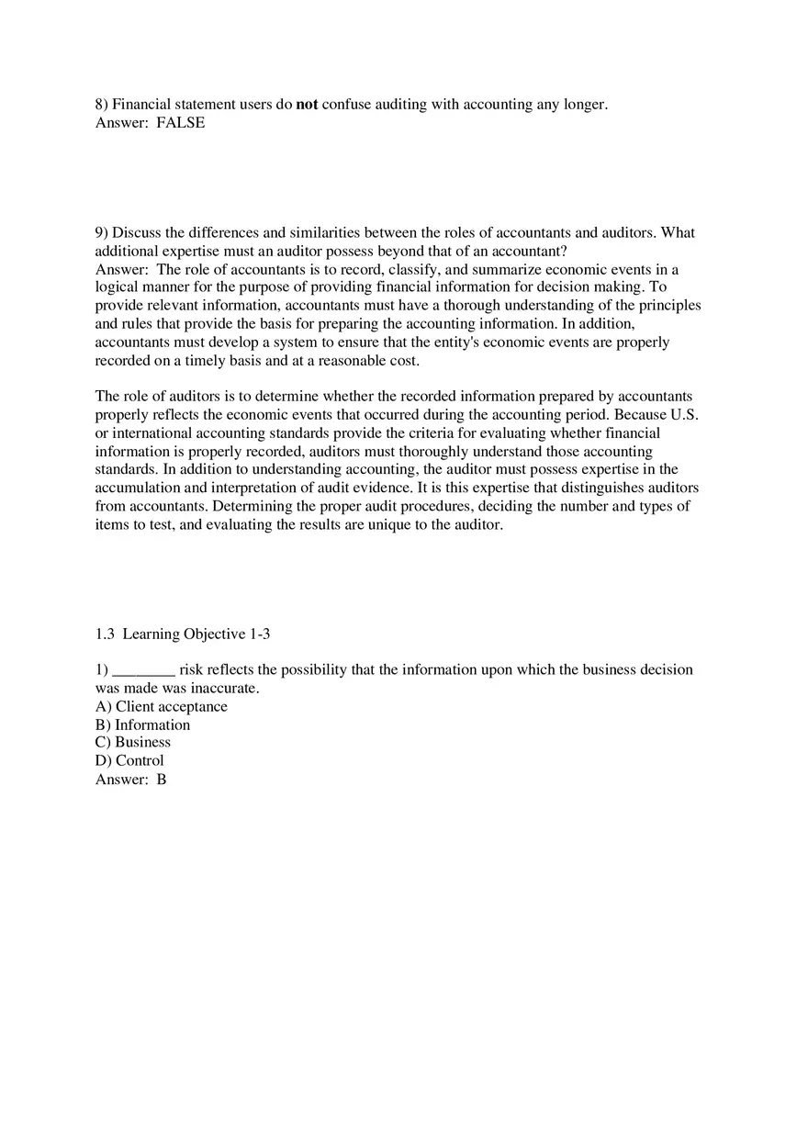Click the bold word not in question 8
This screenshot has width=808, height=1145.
307,105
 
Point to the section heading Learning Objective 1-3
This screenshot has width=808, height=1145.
196,634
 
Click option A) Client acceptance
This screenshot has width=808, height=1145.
162,707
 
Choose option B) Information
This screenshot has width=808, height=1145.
142,725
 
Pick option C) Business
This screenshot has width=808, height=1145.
133,742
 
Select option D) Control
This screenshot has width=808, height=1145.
129,760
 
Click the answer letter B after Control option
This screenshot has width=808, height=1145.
162,780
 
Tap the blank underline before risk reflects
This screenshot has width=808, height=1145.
143,670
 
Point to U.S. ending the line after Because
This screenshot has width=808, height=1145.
679,415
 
